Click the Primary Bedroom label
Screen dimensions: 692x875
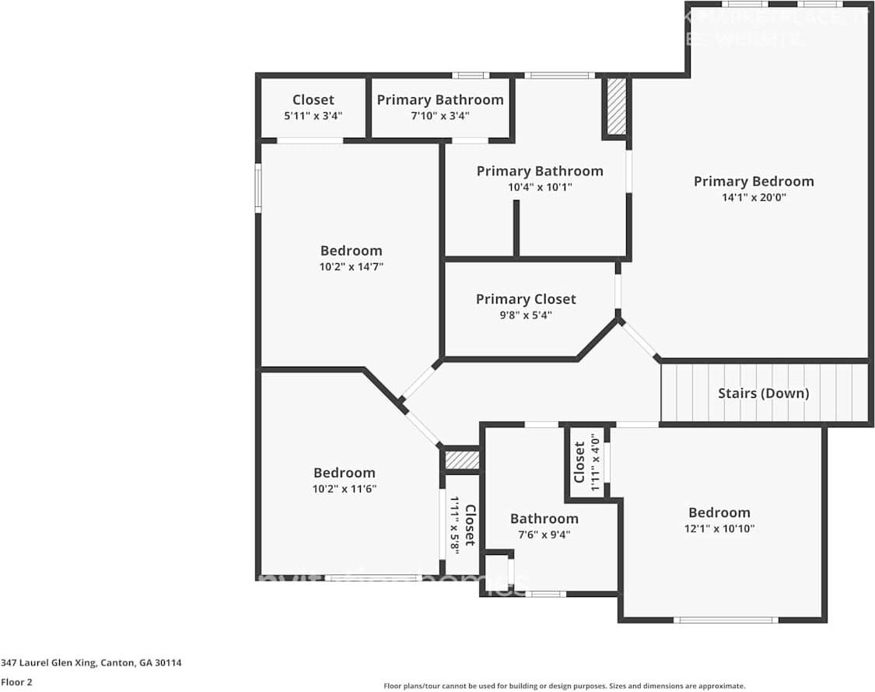(753, 181)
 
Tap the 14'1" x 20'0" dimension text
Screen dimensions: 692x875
(753, 198)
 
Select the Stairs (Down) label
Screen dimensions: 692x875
(763, 393)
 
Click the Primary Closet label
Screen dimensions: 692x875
(526, 299)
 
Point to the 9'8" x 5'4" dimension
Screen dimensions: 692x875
(526, 315)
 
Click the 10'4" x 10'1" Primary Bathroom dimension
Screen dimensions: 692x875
(539, 187)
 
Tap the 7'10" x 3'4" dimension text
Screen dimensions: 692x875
(440, 116)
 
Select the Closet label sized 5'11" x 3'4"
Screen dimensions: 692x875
(313, 100)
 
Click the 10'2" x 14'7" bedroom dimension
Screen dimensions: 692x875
(352, 266)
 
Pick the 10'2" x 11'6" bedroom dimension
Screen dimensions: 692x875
(344, 489)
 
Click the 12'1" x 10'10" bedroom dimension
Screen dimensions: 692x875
(719, 529)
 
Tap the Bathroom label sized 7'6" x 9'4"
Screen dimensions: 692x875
(544, 518)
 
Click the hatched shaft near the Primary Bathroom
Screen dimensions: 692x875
(616, 106)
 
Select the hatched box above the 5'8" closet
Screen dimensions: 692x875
(462, 460)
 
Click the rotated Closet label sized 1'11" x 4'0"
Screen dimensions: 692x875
(579, 462)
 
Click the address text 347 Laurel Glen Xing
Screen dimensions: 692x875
(91, 663)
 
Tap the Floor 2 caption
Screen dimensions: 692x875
(16, 682)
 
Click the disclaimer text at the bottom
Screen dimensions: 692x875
(564, 686)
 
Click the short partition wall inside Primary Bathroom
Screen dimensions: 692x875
(516, 229)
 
